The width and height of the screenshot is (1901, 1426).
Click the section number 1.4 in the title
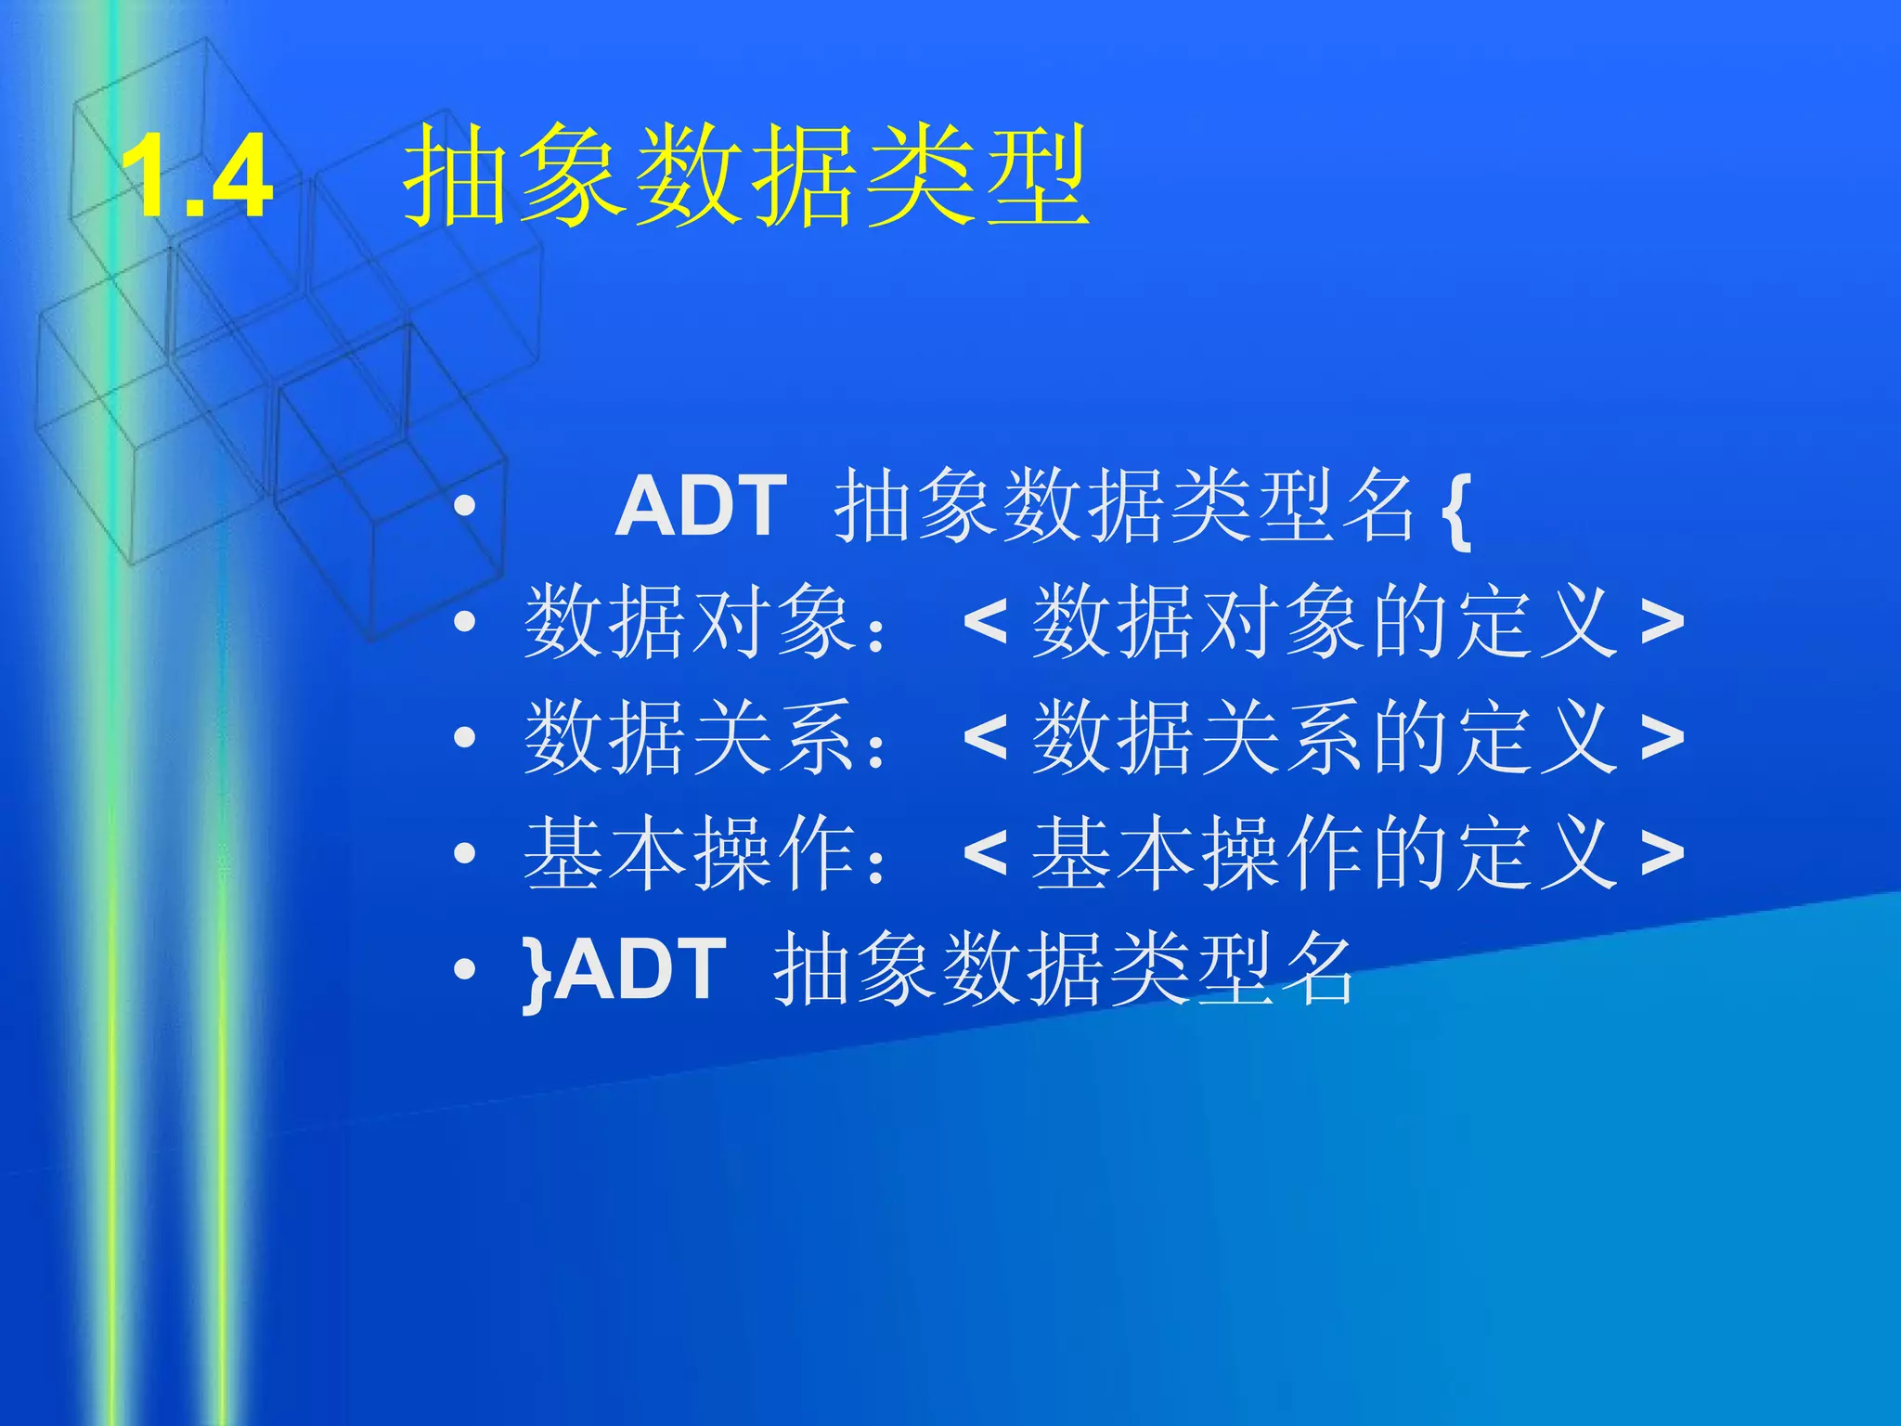pyautogui.click(x=197, y=177)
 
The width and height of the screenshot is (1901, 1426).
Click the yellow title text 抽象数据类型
pyautogui.click(x=745, y=177)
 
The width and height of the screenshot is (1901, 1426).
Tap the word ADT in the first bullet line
pyautogui.click(x=701, y=506)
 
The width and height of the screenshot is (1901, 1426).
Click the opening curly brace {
pyautogui.click(x=1458, y=509)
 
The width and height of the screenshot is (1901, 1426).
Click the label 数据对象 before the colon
pyautogui.click(x=689, y=621)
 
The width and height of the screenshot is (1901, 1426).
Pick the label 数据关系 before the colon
pyautogui.click(x=689, y=737)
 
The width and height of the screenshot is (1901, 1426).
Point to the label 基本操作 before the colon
pyautogui.click(x=689, y=853)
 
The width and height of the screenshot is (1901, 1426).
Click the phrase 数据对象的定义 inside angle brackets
pyautogui.click(x=1325, y=621)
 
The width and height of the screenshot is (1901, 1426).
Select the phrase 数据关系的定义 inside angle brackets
pyautogui.click(x=1325, y=737)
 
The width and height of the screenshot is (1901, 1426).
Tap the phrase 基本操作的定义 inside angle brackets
pyautogui.click(x=1325, y=853)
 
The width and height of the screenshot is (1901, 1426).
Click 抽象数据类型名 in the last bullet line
pyautogui.click(x=1064, y=969)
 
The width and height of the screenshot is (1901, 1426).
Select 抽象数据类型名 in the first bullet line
pyautogui.click(x=1124, y=506)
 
